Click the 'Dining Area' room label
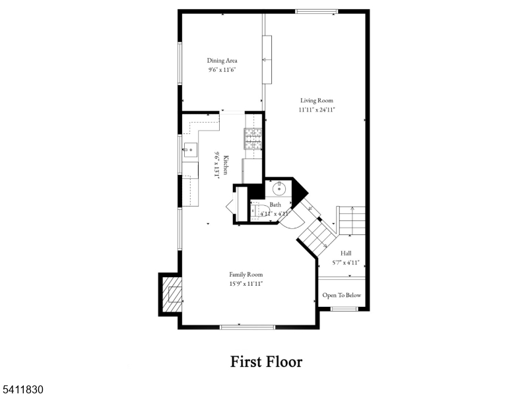coord(222,61)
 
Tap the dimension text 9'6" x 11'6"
coord(222,69)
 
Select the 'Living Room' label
coord(317,100)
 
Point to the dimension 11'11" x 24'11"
coord(317,110)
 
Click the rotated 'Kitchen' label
coord(226,164)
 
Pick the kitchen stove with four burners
coord(254,139)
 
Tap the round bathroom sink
coord(279,189)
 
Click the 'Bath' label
coord(275,205)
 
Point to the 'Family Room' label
coord(246,275)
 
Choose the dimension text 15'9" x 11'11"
coord(246,284)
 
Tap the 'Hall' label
coord(346,253)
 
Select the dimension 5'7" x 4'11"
coord(346,262)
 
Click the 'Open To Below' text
coord(341,295)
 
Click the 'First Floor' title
coord(266,361)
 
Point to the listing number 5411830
coord(22,390)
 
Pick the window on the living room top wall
coord(316,11)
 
